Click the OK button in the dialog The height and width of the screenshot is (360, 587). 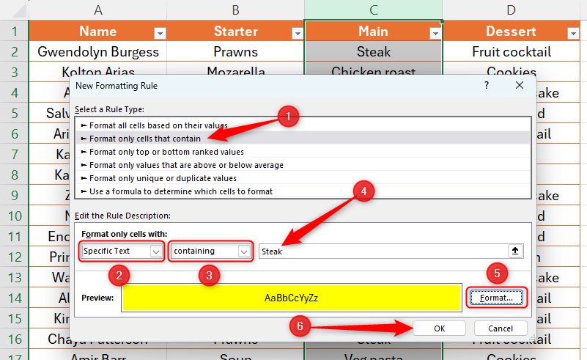439,328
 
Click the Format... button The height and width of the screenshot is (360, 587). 497,298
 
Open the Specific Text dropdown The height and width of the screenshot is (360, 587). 122,251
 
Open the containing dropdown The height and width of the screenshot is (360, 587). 211,251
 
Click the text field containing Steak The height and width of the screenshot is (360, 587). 381,251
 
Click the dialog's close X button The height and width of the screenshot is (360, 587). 520,86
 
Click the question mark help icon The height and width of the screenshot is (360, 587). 486,86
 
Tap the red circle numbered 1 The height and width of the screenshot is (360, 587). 289,116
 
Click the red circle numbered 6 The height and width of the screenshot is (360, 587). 300,326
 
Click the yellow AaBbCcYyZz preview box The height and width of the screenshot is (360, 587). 291,298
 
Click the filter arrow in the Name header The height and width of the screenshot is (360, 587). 159,32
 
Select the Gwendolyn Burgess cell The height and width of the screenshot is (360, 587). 98,52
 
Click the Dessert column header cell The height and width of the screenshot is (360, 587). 511,32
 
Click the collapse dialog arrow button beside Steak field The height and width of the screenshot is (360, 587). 515,251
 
